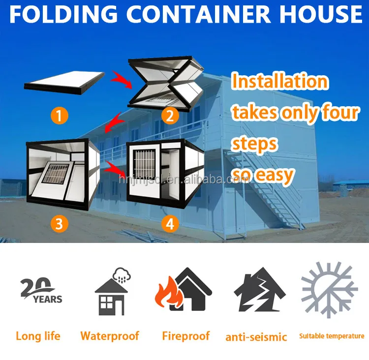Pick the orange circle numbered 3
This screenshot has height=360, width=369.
tap(59, 224)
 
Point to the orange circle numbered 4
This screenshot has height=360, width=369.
tap(170, 224)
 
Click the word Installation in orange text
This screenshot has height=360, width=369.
tap(279, 81)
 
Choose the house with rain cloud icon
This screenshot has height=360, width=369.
tap(111, 292)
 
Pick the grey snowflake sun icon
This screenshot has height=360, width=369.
tap(329, 290)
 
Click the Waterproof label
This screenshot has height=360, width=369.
tap(110, 336)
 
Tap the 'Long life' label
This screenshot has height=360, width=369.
tap(38, 336)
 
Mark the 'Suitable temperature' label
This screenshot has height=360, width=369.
tap(332, 336)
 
